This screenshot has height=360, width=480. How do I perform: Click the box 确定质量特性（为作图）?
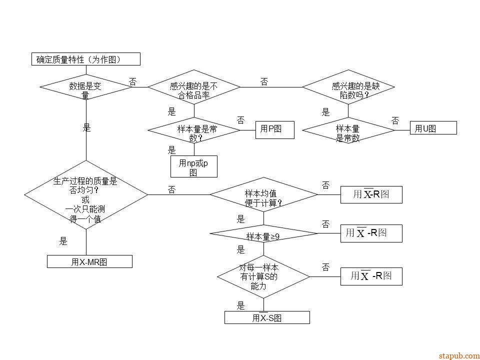[85, 59]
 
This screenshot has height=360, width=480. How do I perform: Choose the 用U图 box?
[433, 128]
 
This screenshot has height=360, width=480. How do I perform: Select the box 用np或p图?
[194, 166]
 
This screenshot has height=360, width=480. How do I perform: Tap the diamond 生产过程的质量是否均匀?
[85, 195]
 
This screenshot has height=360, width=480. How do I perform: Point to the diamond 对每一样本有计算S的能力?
[263, 276]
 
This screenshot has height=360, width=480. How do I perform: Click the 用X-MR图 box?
[89, 261]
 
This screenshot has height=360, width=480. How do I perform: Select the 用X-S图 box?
[267, 317]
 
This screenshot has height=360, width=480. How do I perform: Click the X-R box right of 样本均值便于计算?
[371, 194]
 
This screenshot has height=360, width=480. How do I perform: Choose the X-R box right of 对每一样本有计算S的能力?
[371, 276]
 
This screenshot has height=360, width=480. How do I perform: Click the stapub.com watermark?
[458, 355]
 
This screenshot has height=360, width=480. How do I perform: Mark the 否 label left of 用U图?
[395, 120]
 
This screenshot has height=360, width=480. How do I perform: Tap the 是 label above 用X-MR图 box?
[63, 241]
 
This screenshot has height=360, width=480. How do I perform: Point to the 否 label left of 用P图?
[240, 120]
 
